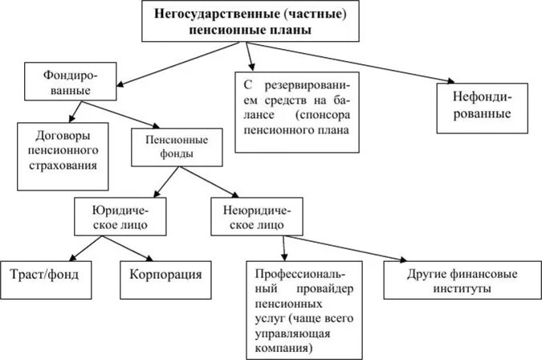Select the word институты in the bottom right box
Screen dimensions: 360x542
462,288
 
